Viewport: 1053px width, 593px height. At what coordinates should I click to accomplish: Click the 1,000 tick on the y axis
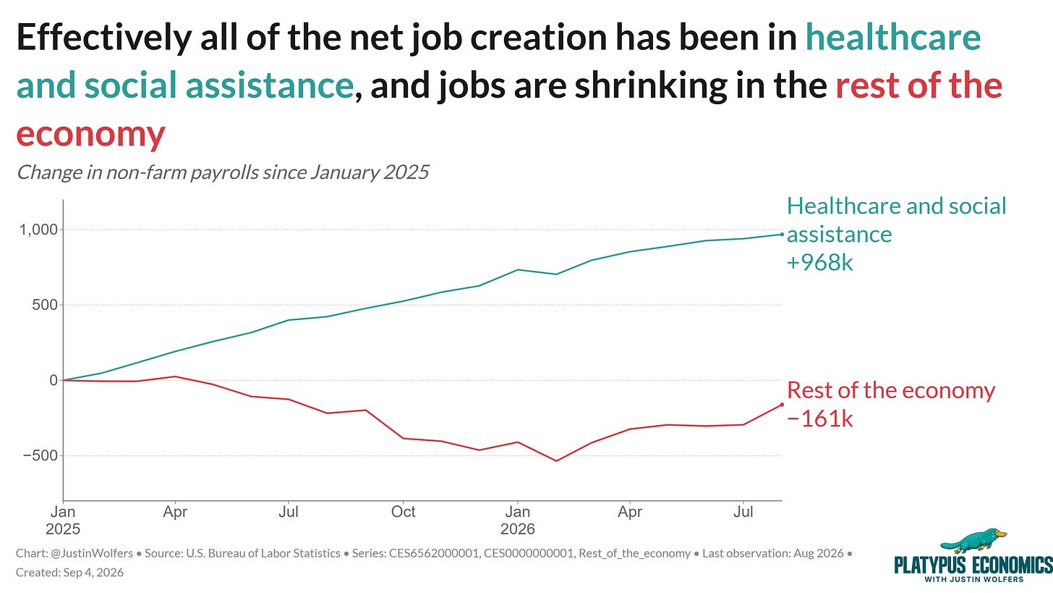38,230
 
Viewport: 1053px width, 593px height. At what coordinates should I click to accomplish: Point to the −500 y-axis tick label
40,455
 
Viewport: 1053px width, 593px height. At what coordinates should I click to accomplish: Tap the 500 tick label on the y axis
45,305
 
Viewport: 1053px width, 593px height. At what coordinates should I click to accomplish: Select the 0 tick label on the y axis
53,380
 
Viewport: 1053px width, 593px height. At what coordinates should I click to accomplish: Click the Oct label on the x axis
403,512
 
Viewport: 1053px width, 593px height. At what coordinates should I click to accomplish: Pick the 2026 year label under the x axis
518,529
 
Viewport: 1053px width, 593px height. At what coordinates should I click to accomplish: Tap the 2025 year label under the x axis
63,529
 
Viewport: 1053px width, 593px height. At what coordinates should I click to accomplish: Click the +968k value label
819,263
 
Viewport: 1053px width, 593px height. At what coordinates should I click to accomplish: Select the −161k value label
819,419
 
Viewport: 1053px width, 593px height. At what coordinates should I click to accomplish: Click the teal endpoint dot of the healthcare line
782,235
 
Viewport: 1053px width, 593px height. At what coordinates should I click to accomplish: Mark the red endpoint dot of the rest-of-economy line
782,404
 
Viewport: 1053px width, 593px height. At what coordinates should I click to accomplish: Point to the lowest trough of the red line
557,460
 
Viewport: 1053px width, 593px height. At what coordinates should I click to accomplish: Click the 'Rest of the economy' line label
891,391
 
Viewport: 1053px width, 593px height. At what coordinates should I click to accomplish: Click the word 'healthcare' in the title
893,37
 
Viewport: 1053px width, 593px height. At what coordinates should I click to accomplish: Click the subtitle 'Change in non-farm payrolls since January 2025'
222,172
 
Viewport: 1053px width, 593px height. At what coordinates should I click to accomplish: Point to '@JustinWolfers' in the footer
92,553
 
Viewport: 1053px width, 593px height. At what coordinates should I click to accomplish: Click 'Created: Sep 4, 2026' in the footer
69,573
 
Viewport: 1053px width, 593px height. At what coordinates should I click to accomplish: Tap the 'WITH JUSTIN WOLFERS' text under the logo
973,579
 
